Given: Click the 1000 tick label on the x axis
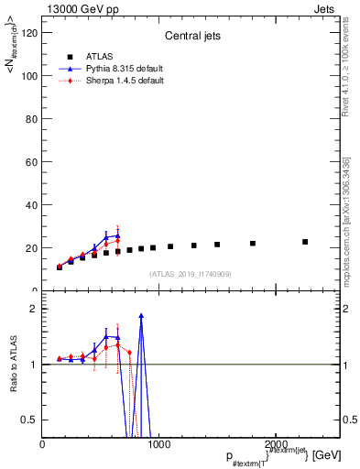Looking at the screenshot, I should coord(158,443).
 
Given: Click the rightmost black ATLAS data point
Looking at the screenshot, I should coord(305,242).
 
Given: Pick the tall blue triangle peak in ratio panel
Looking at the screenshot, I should coord(141,315).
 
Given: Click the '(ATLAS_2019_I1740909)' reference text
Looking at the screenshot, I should coord(190,274).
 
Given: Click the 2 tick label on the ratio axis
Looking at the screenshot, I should coord(33,309).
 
